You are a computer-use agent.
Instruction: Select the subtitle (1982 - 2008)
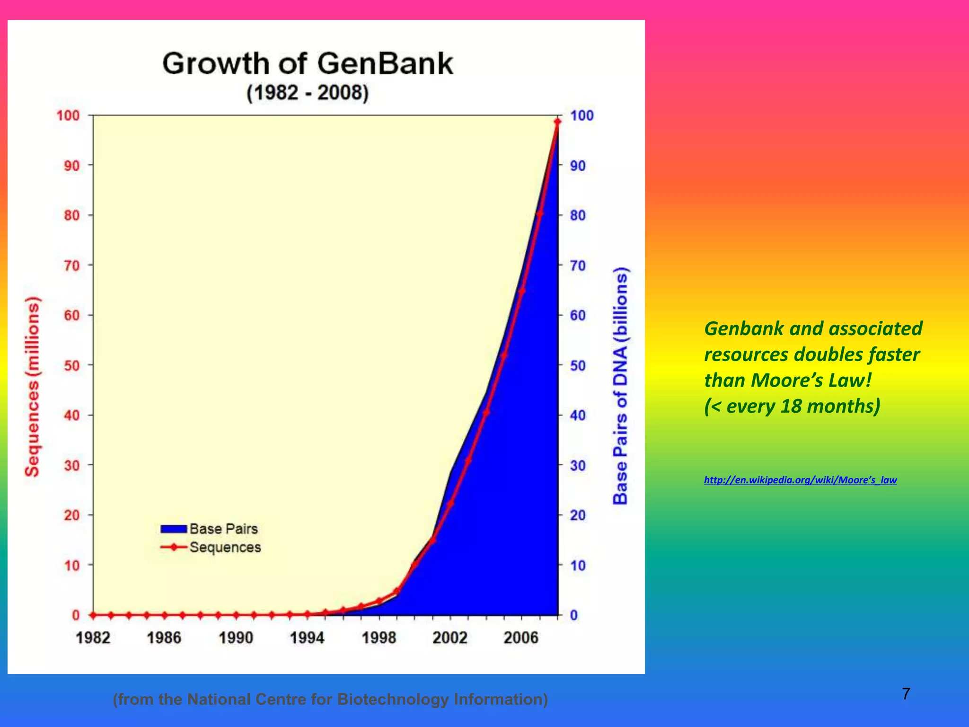tap(308, 92)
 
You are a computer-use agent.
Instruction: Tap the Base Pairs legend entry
tap(210, 529)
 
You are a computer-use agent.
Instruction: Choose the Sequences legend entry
tap(211, 547)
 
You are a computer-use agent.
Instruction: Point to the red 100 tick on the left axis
tap(68, 115)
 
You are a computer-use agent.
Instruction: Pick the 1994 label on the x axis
tap(307, 638)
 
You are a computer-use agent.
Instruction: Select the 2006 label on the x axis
tap(521, 638)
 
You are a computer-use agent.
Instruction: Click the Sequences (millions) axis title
tap(32, 386)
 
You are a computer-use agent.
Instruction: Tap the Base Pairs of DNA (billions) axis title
tap(620, 386)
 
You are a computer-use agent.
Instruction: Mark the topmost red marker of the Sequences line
tap(557, 122)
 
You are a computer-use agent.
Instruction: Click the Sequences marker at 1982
tap(93, 615)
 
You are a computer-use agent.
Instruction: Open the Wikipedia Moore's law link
tap(800, 480)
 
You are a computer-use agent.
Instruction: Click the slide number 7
tap(906, 694)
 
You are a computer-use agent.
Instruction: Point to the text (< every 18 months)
tap(792, 406)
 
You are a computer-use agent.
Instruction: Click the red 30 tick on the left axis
tap(72, 465)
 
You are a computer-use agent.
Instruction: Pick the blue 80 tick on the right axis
tap(578, 215)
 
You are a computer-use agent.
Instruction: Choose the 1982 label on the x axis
tap(93, 638)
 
